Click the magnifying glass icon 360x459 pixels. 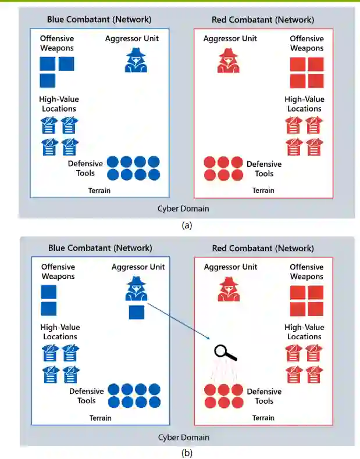coord(224,353)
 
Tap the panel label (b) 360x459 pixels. coord(186,452)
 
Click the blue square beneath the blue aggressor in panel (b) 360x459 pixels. coord(136,312)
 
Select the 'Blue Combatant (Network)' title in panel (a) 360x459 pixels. coord(99,20)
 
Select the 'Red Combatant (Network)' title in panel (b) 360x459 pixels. coord(263,248)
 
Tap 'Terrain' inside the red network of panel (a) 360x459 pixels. coord(263,191)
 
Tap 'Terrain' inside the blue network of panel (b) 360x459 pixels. coord(100,418)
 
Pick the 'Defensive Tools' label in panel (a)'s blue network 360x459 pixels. coord(85,168)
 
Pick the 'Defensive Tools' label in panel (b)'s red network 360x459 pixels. coord(264,396)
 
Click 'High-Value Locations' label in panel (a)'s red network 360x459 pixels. coord(304,104)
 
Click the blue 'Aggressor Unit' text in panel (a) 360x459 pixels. coord(132,38)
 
